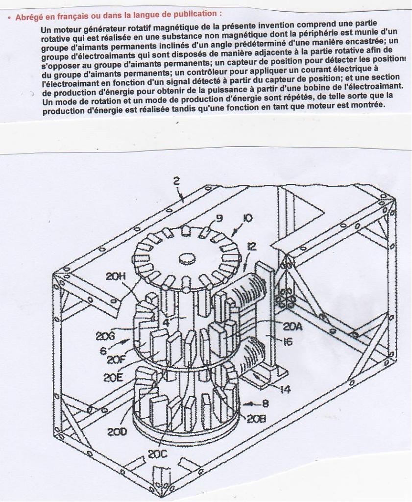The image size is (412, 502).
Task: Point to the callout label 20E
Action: pos(113,377)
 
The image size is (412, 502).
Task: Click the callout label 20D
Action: pos(117,432)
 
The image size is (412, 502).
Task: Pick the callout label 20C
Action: pos(157,454)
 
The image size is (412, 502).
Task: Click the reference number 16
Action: pos(288,342)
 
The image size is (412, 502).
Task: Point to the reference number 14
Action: pos(285,390)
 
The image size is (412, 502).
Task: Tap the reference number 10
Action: pos(248,218)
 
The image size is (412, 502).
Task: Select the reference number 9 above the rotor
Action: pos(218,219)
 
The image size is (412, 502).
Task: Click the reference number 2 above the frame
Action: pos(177,181)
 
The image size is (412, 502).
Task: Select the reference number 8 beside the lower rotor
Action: pos(265,404)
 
